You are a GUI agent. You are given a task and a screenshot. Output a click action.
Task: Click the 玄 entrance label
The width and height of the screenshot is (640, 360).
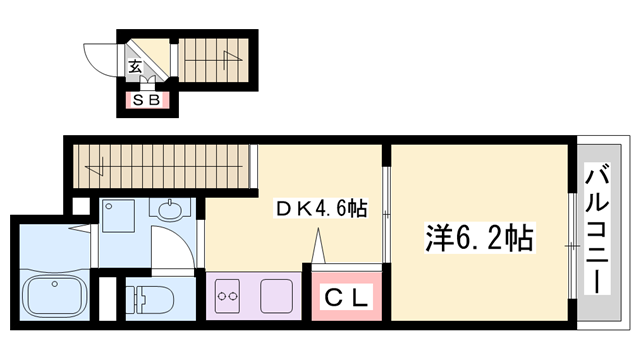(x=134, y=68)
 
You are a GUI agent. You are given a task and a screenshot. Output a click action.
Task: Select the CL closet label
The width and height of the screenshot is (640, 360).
(x=346, y=297)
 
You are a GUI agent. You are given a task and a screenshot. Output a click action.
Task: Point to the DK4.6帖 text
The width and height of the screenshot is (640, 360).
(x=321, y=209)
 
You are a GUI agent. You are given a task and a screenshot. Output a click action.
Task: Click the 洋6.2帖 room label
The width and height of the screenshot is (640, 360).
(x=479, y=239)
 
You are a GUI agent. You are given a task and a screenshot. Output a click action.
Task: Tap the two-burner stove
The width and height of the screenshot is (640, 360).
(x=226, y=297)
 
